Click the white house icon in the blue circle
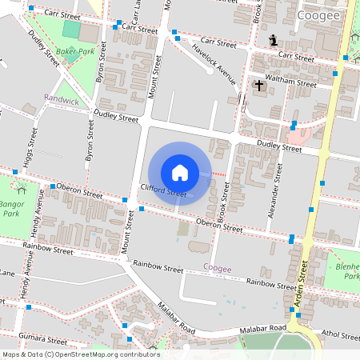(180, 173)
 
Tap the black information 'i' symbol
(274, 40)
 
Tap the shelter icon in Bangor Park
(21, 190)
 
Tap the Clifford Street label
(163, 190)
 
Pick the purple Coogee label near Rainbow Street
(217, 268)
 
